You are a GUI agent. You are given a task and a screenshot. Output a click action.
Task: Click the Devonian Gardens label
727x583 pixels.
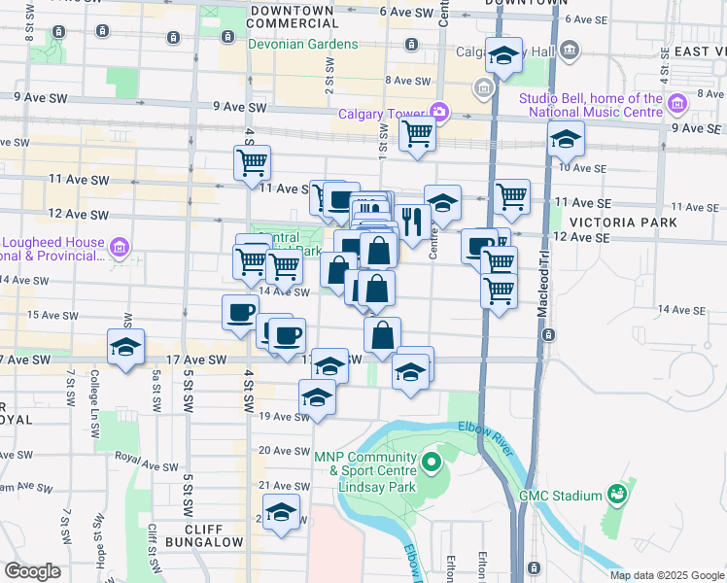pyautogui.click(x=291, y=45)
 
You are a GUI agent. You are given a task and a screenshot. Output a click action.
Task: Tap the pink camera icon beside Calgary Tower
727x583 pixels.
pyautogui.click(x=439, y=113)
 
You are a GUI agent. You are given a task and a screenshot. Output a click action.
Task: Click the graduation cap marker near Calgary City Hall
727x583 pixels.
pyautogui.click(x=503, y=58)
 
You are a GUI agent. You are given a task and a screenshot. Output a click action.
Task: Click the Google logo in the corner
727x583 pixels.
pyautogui.click(x=32, y=571)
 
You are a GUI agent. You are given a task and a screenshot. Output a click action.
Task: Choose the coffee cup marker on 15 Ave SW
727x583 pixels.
pyautogui.click(x=240, y=312)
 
